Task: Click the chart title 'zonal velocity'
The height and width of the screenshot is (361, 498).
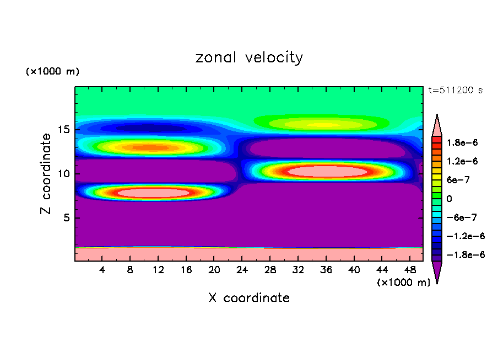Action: pos(249,57)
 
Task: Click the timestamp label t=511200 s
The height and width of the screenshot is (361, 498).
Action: pos(455,90)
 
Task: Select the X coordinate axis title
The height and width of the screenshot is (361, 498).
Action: pos(249,298)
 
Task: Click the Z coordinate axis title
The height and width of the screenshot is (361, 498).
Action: pos(46,173)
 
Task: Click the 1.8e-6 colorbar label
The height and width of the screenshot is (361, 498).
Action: pos(463,142)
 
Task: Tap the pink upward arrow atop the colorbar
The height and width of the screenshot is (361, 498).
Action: pos(437,124)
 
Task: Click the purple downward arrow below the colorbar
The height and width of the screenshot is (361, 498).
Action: pos(437,272)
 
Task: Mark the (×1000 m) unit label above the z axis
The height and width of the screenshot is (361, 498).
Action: pos(53,72)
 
